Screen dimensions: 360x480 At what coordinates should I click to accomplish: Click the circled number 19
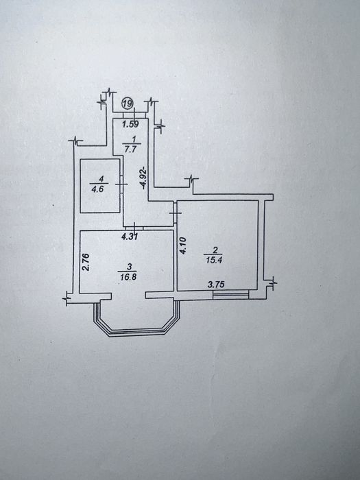click(128, 103)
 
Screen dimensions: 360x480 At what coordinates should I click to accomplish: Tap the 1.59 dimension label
click(131, 124)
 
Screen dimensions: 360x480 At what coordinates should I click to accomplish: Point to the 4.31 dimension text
click(130, 237)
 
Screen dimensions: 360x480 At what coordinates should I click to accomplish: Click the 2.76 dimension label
click(86, 262)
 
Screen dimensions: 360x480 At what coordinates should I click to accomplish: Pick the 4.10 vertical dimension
click(183, 245)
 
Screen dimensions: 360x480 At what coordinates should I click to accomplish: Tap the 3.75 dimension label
click(216, 285)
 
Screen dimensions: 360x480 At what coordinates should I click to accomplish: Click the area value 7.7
click(132, 149)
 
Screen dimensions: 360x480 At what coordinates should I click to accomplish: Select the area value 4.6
click(97, 189)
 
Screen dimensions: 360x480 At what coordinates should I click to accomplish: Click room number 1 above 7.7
click(133, 140)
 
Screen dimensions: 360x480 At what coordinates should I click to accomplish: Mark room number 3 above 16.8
click(129, 267)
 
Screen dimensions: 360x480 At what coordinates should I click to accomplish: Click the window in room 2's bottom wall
click(231, 294)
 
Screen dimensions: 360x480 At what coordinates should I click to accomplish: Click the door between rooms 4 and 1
click(121, 184)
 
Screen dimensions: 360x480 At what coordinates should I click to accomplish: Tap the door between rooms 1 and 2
click(176, 213)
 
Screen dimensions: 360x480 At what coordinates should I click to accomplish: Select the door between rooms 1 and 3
click(134, 228)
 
